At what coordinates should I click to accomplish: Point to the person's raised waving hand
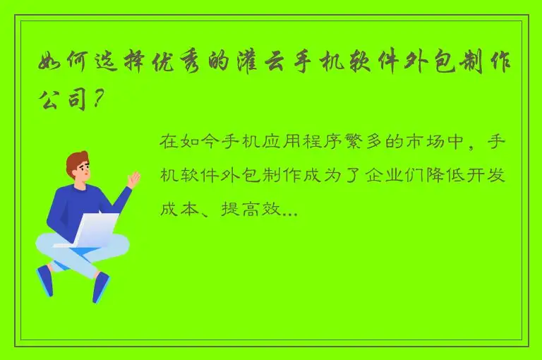click(x=133, y=180)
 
